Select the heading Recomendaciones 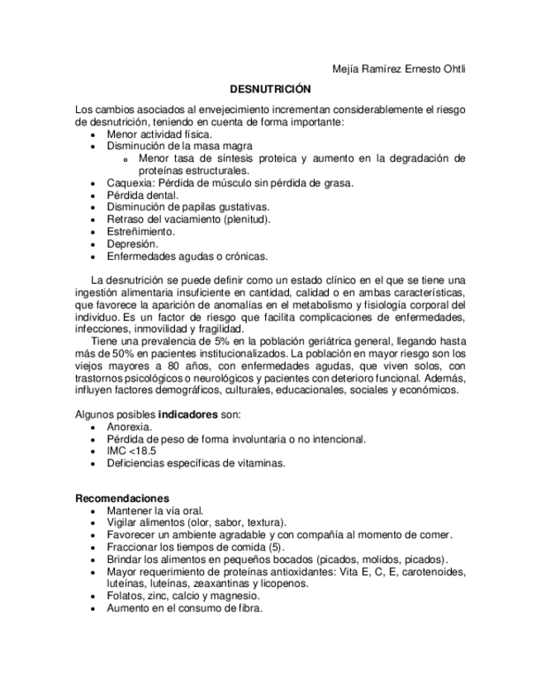click(x=122, y=499)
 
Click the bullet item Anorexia click(x=129, y=427)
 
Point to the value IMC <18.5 click(x=131, y=451)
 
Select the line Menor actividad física click(x=159, y=133)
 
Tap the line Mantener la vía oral click(x=154, y=511)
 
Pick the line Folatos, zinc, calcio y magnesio click(x=183, y=595)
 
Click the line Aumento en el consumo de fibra click(x=184, y=608)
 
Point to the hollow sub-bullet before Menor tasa click(x=125, y=158)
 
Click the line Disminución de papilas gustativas click(x=187, y=207)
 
